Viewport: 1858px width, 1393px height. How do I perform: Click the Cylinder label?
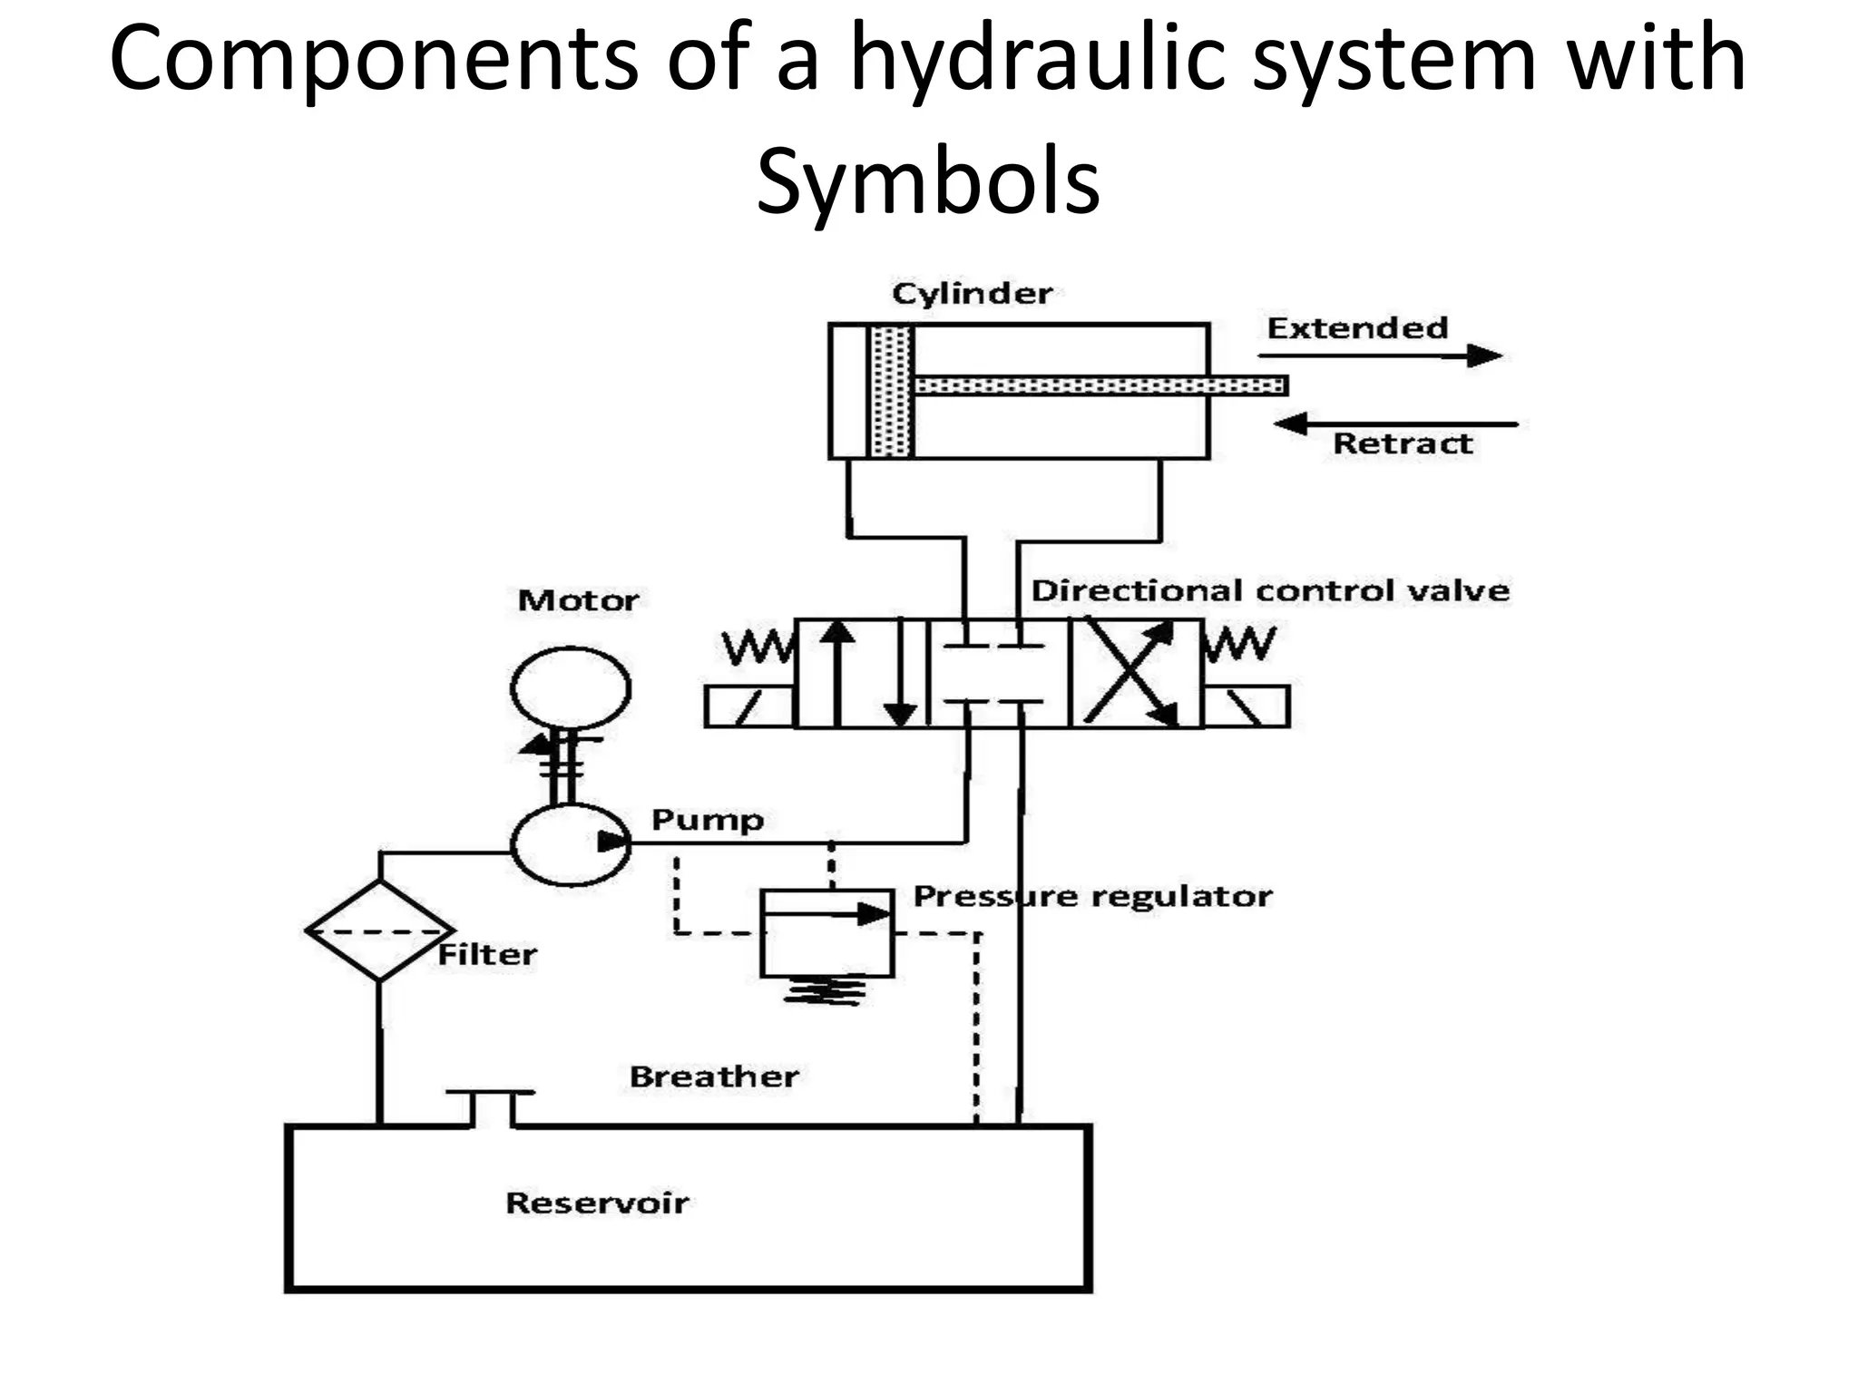click(x=972, y=294)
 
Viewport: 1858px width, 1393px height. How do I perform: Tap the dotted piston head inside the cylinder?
click(x=890, y=391)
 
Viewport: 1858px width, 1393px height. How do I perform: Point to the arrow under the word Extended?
click(x=1380, y=356)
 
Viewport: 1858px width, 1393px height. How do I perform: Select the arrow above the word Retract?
click(x=1395, y=424)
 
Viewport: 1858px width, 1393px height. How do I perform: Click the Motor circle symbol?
click(x=571, y=687)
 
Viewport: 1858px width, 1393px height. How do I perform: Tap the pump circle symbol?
click(x=570, y=843)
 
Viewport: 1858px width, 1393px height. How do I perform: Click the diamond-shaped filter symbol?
click(x=379, y=930)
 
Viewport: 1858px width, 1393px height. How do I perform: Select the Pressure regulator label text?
click(x=1092, y=896)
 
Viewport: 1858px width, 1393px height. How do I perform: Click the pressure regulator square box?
click(x=826, y=934)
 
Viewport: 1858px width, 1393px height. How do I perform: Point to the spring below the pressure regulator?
click(x=825, y=992)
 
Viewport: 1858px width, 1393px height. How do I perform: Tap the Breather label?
click(x=714, y=1076)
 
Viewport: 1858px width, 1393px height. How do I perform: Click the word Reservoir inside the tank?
click(x=597, y=1203)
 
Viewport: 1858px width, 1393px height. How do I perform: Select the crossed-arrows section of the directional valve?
click(x=1136, y=673)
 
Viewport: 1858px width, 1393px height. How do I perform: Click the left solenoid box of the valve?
click(x=749, y=706)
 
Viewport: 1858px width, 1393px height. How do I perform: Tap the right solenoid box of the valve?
click(x=1246, y=706)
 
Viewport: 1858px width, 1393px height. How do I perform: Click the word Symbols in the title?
click(x=928, y=181)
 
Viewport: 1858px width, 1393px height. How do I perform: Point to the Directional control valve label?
click(x=1270, y=591)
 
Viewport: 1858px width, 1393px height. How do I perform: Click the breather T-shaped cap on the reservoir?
click(x=491, y=1106)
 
